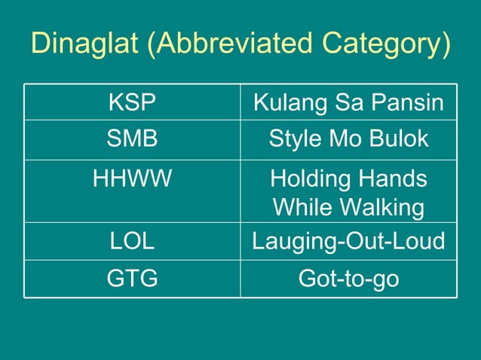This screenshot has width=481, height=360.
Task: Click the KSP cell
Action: (x=132, y=102)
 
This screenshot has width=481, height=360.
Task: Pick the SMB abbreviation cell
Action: (x=132, y=139)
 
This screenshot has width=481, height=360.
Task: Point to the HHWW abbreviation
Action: (x=132, y=179)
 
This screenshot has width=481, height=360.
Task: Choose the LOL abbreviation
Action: (x=132, y=241)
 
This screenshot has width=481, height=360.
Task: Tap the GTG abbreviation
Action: (x=132, y=279)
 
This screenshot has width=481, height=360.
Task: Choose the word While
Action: (x=299, y=207)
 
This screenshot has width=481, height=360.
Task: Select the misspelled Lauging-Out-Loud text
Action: (x=348, y=241)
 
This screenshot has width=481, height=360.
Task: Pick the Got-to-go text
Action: (x=348, y=279)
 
